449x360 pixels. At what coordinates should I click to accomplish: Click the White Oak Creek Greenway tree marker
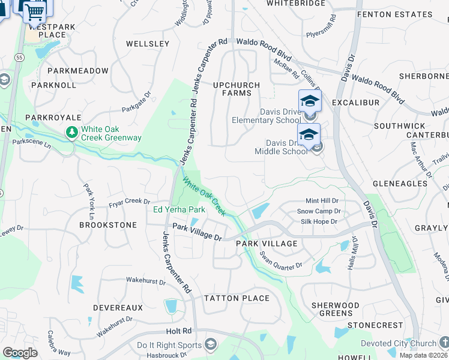72,132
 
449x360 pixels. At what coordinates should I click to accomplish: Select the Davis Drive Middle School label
282,147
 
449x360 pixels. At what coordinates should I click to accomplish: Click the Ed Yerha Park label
179,209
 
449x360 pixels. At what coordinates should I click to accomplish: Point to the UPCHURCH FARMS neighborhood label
237,89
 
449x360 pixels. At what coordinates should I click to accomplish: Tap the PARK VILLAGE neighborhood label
267,244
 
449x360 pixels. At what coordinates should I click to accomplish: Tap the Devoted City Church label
399,344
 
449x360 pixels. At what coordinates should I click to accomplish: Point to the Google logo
20,353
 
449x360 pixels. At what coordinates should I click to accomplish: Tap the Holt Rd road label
179,331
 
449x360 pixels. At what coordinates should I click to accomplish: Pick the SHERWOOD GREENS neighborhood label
332,309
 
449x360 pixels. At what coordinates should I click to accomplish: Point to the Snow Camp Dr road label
318,211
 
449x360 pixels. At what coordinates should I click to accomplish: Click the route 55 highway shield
19,57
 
